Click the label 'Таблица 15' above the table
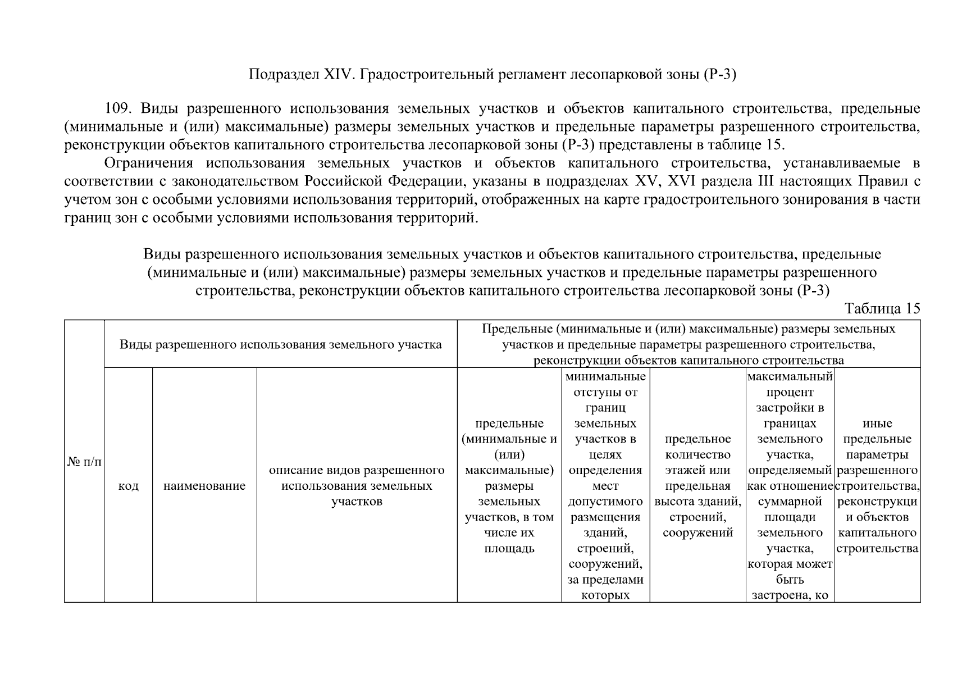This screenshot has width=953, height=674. pos(882,309)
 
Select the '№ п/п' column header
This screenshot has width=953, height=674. pos(84,462)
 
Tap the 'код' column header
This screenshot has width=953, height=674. pos(129,486)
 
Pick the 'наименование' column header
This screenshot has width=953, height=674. pos(204,486)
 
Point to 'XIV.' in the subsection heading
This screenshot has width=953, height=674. pos(337,75)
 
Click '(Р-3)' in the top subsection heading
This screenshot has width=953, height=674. pos(719,75)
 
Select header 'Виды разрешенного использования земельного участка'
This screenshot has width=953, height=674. pos(281,344)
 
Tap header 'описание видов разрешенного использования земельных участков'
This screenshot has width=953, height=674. pos(357,486)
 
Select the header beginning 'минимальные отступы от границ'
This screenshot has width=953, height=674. pos(605,485)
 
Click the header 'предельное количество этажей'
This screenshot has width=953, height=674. pos(697,485)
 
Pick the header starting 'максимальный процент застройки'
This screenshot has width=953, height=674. pos(790,485)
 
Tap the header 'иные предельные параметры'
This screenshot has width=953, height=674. pos(877,485)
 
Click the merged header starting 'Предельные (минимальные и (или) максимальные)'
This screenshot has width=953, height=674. pos(688,344)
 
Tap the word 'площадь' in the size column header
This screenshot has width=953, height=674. pos(509,548)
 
